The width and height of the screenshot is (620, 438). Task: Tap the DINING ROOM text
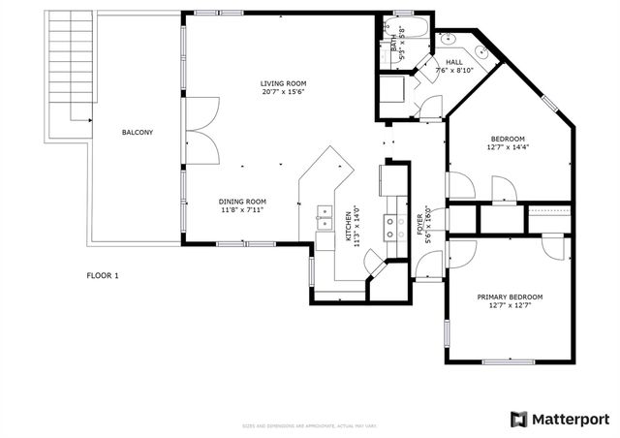click(x=242, y=201)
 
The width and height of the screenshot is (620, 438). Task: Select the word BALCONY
click(x=137, y=132)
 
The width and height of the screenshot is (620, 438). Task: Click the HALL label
click(x=453, y=60)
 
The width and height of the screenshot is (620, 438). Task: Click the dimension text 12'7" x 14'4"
click(x=509, y=147)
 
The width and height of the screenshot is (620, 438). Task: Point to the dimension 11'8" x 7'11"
click(x=242, y=210)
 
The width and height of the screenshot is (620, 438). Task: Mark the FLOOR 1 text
click(x=102, y=275)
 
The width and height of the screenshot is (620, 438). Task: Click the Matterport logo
click(x=561, y=419)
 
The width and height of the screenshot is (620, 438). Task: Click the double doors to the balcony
click(x=197, y=132)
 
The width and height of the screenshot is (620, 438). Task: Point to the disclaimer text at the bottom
click(x=310, y=426)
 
